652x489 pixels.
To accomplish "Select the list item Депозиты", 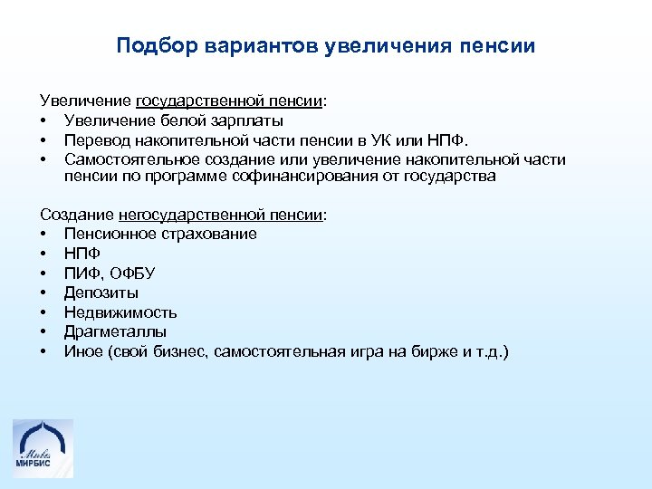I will pyautogui.click(x=101, y=293).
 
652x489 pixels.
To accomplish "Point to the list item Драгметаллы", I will pyautogui.click(x=115, y=332).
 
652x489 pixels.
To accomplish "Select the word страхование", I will pyautogui.click(x=210, y=234).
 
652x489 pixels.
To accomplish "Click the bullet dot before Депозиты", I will pyautogui.click(x=43, y=293).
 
